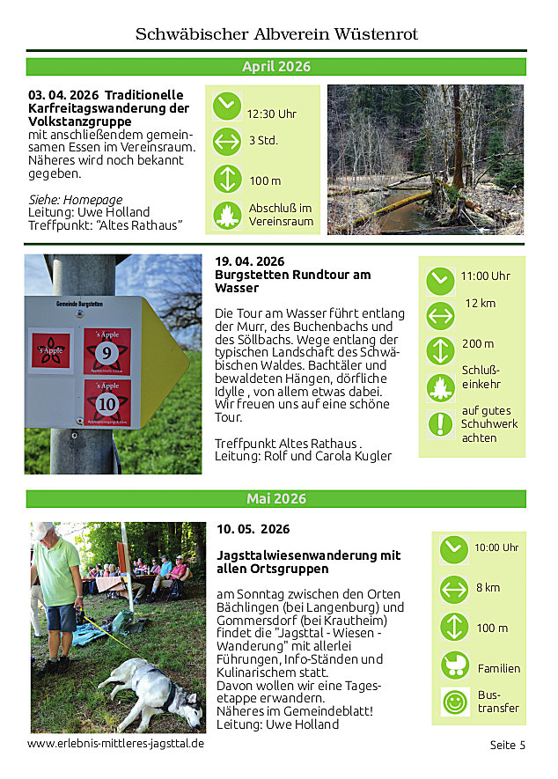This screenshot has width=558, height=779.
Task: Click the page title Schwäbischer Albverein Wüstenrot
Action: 276,34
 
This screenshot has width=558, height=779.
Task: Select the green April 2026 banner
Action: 276,67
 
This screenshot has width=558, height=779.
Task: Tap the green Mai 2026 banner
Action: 276,499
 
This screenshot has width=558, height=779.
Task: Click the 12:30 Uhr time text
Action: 271,114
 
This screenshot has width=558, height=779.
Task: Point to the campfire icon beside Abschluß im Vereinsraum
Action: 227,215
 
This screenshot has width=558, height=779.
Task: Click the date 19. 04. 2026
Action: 250,261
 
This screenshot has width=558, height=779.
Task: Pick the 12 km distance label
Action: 481,303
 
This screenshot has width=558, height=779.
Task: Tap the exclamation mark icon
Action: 440,424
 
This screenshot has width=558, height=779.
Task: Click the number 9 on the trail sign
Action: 107,353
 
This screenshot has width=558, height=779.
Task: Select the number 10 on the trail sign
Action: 107,404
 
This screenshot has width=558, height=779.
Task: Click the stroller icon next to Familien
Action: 454,665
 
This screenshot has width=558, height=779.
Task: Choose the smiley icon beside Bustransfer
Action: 454,702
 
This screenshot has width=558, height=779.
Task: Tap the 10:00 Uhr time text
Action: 496,548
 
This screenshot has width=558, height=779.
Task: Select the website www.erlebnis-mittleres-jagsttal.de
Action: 115,744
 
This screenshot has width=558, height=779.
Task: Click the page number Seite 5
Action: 507,745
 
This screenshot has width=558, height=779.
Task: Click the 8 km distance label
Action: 488,588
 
